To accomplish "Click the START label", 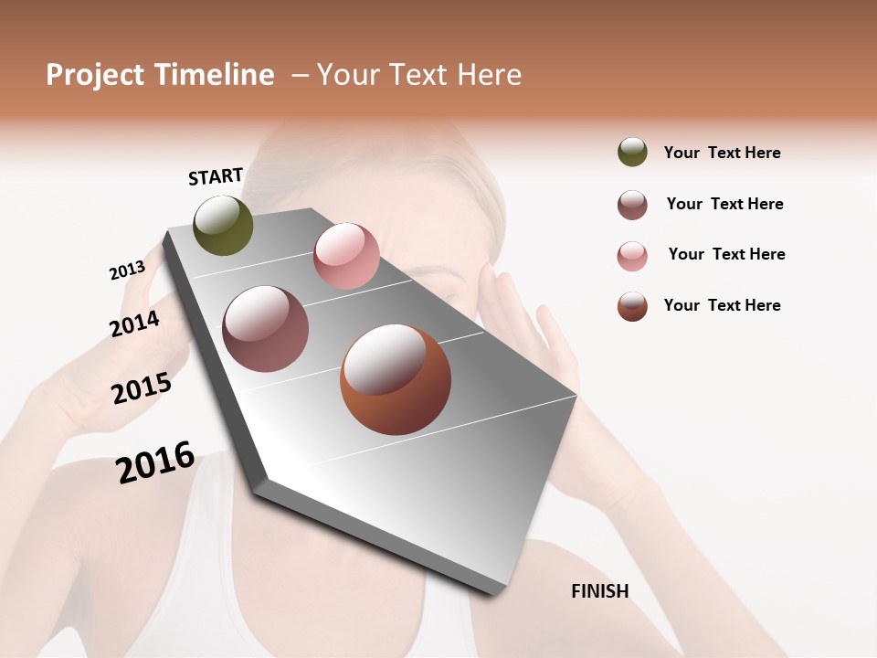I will [x=216, y=176].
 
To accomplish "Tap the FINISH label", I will [x=599, y=591].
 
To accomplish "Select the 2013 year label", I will [x=127, y=271].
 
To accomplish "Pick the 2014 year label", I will [x=134, y=324].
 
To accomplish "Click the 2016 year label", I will [x=155, y=462].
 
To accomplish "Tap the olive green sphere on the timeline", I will [x=224, y=225].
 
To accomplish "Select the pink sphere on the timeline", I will [x=346, y=256].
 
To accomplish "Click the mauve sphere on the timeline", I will [x=266, y=329].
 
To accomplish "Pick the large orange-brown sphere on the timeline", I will [x=396, y=379].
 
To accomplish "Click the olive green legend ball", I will [x=632, y=152].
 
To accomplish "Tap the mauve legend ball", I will [x=632, y=205].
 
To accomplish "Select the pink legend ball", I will [x=632, y=256].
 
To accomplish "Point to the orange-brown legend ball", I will [x=632, y=306].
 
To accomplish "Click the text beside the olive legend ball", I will [x=722, y=153].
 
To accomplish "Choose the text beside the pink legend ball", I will [x=726, y=254].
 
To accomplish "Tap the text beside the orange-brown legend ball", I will [x=722, y=305].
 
